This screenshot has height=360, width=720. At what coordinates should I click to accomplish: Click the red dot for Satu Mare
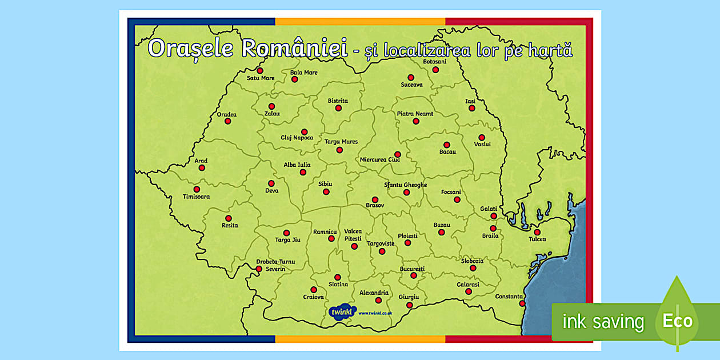pyautogui.click(x=260, y=70)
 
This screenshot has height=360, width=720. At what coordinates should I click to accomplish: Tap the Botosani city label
pyautogui.click(x=434, y=61)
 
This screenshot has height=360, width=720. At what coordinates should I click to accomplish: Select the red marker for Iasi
pyautogui.click(x=472, y=107)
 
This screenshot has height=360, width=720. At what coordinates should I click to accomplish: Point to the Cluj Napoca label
pyautogui.click(x=297, y=138)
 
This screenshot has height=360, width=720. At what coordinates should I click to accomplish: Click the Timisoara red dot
pyautogui.click(x=197, y=189)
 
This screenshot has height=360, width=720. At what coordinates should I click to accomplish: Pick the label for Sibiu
pyautogui.click(x=325, y=184)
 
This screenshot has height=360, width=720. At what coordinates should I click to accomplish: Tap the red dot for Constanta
pyautogui.click(x=522, y=303)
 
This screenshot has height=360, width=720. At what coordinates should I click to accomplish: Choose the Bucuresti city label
pyautogui.click(x=412, y=268)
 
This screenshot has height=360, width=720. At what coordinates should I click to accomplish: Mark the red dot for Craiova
pyautogui.click(x=314, y=290)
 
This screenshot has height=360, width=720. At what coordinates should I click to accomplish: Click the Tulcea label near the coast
pyautogui.click(x=537, y=239)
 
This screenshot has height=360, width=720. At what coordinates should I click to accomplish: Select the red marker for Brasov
pyautogui.click(x=375, y=199)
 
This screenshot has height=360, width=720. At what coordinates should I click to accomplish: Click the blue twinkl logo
pyautogui.click(x=342, y=312)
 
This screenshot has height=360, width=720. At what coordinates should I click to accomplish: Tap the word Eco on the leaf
pyautogui.click(x=677, y=321)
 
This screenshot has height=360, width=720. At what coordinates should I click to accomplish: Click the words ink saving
pyautogui.click(x=603, y=322)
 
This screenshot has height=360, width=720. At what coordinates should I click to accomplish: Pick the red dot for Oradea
pyautogui.click(x=227, y=121)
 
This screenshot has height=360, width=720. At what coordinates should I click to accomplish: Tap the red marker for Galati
pyautogui.click(x=493, y=216)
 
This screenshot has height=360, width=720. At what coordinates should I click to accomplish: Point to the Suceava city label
pyautogui.click(x=411, y=85)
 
